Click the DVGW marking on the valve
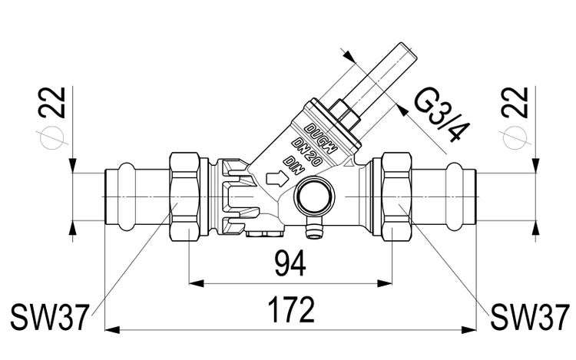click(322, 134)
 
